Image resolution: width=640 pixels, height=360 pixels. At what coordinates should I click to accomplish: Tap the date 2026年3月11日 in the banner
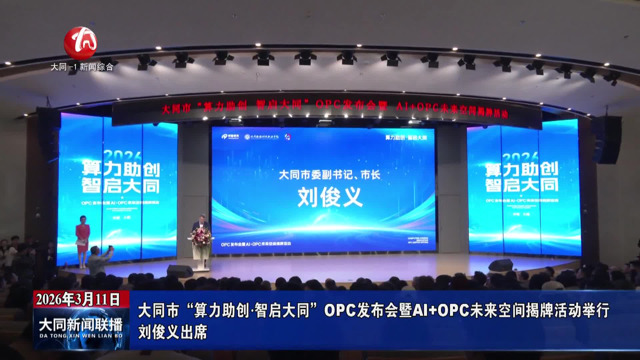78,299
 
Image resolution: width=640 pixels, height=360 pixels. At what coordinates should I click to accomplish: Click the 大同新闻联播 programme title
81,324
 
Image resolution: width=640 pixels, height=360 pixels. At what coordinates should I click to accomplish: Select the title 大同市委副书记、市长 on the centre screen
329,175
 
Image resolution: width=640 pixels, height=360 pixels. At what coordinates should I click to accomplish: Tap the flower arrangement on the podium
201,238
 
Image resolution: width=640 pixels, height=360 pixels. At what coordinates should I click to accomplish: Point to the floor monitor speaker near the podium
180,271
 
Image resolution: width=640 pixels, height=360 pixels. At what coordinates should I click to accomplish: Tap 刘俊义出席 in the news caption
173,332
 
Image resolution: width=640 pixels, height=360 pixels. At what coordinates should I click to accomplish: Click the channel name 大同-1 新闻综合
82,67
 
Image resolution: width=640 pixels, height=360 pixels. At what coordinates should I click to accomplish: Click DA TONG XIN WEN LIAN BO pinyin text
81,336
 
